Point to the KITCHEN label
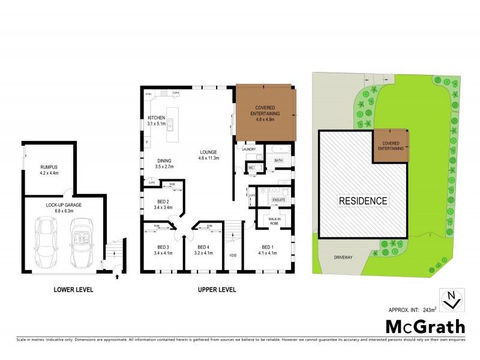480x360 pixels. [x=157, y=118]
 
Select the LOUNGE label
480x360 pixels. [x=209, y=152]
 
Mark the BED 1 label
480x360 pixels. [x=267, y=247]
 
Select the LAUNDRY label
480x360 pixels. [x=249, y=149]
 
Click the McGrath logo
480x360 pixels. [x=424, y=327]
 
